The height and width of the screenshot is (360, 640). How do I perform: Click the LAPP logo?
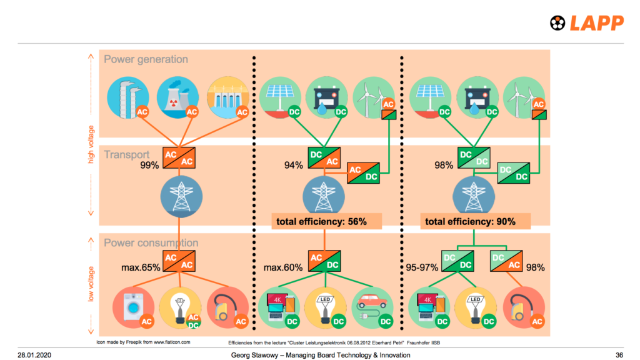pyautogui.click(x=586, y=23)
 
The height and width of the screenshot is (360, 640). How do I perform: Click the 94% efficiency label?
pyautogui.click(x=293, y=166)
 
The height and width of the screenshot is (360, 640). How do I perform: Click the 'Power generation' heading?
pyautogui.click(x=146, y=59)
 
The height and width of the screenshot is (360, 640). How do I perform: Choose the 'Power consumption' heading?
pyautogui.click(x=151, y=242)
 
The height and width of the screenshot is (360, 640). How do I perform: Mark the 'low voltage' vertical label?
pyautogui.click(x=91, y=284)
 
